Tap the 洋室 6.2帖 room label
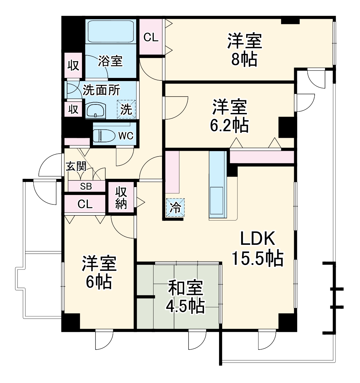point(229,116)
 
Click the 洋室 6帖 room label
point(99,272)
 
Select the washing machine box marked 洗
point(126,109)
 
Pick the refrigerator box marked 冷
point(175,208)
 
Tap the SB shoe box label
point(86,186)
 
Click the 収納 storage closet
point(121,198)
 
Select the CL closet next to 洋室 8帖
point(151,37)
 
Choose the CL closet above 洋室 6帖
point(85,204)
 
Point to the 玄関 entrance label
point(76,166)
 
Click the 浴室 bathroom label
point(110,61)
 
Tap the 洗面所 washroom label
point(101,90)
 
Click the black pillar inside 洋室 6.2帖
point(286,127)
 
